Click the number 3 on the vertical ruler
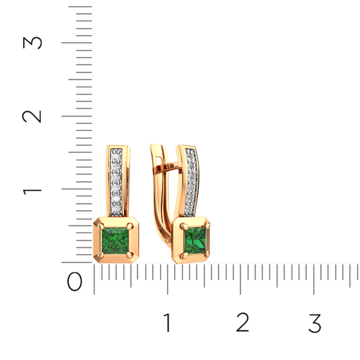[x=32, y=43]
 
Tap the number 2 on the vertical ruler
[x=32, y=115]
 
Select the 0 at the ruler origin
[x=75, y=281]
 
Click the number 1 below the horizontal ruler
[x=167, y=323]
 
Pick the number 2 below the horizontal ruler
[x=242, y=323]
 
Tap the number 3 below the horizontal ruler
[x=314, y=323]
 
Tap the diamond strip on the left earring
[x=116, y=180]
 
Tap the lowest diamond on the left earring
[x=116, y=207]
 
